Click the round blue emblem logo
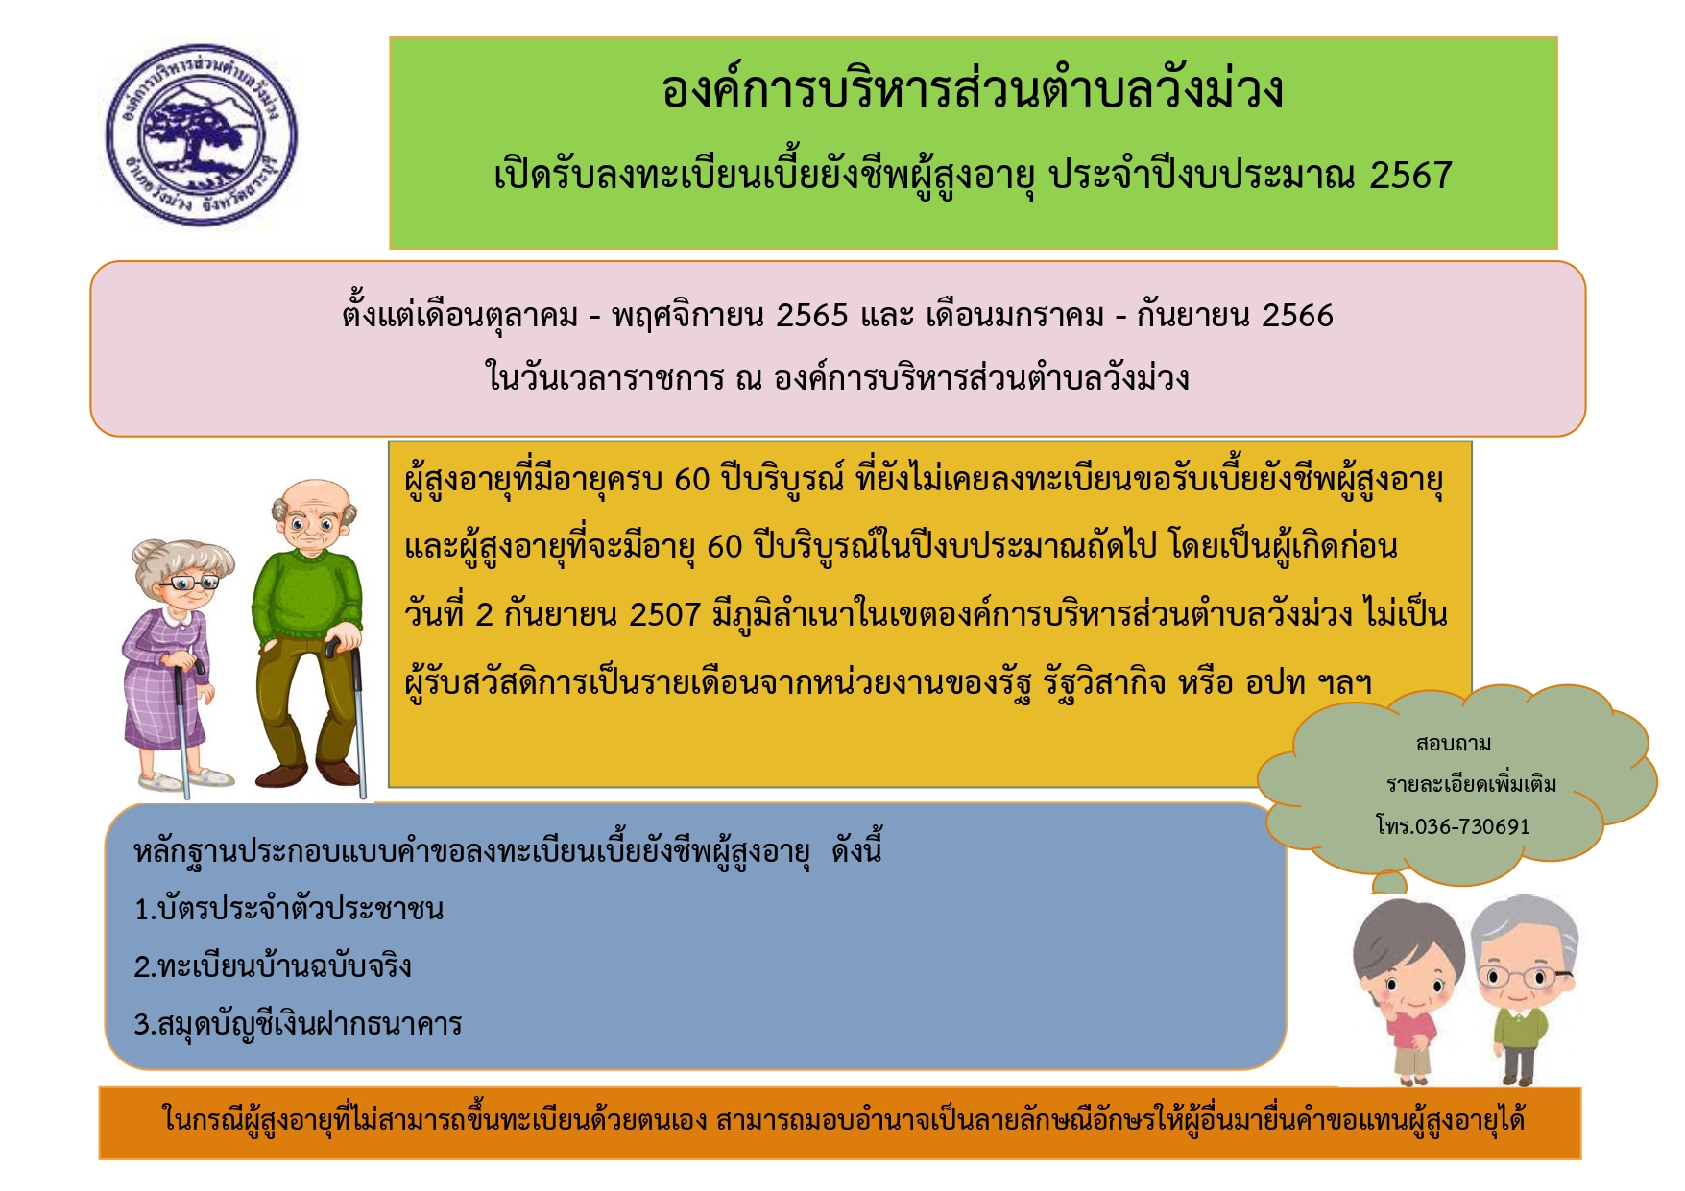[x=201, y=135]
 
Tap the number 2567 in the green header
[x=1410, y=175]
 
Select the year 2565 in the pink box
[x=812, y=315]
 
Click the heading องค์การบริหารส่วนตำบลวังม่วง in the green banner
[x=973, y=89]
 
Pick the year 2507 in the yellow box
[x=664, y=614]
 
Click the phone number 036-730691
[x=1472, y=826]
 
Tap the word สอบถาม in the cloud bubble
[x=1454, y=744]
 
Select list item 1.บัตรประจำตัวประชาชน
[x=289, y=908]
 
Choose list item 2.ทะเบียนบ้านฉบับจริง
[x=273, y=965]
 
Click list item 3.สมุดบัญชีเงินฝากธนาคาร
[x=298, y=1024]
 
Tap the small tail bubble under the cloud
[x=1388, y=882]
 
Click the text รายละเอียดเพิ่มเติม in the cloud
[x=1471, y=784]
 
